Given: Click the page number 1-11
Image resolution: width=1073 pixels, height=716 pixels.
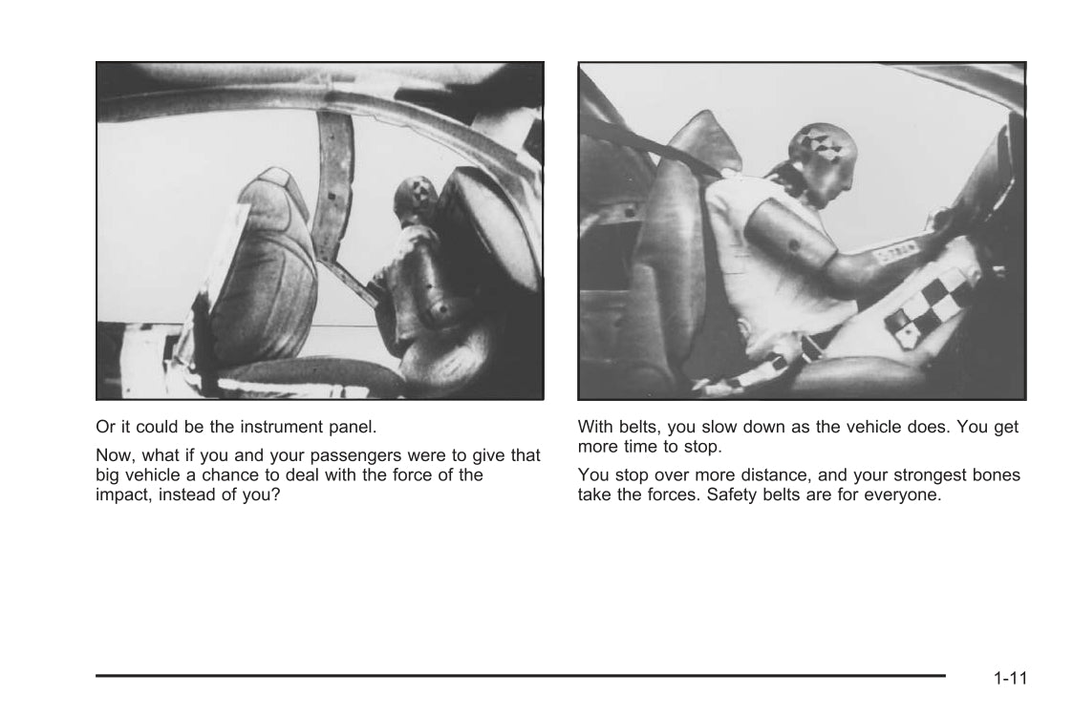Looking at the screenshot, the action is [1010, 678].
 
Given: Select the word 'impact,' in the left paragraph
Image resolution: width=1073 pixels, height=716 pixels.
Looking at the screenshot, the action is [124, 495].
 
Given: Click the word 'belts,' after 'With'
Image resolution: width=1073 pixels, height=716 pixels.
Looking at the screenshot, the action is [640, 428].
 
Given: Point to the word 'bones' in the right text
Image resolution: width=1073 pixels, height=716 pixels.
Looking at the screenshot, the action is [996, 475].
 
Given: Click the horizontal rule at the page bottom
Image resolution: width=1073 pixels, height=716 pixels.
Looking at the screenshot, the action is [520, 676].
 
